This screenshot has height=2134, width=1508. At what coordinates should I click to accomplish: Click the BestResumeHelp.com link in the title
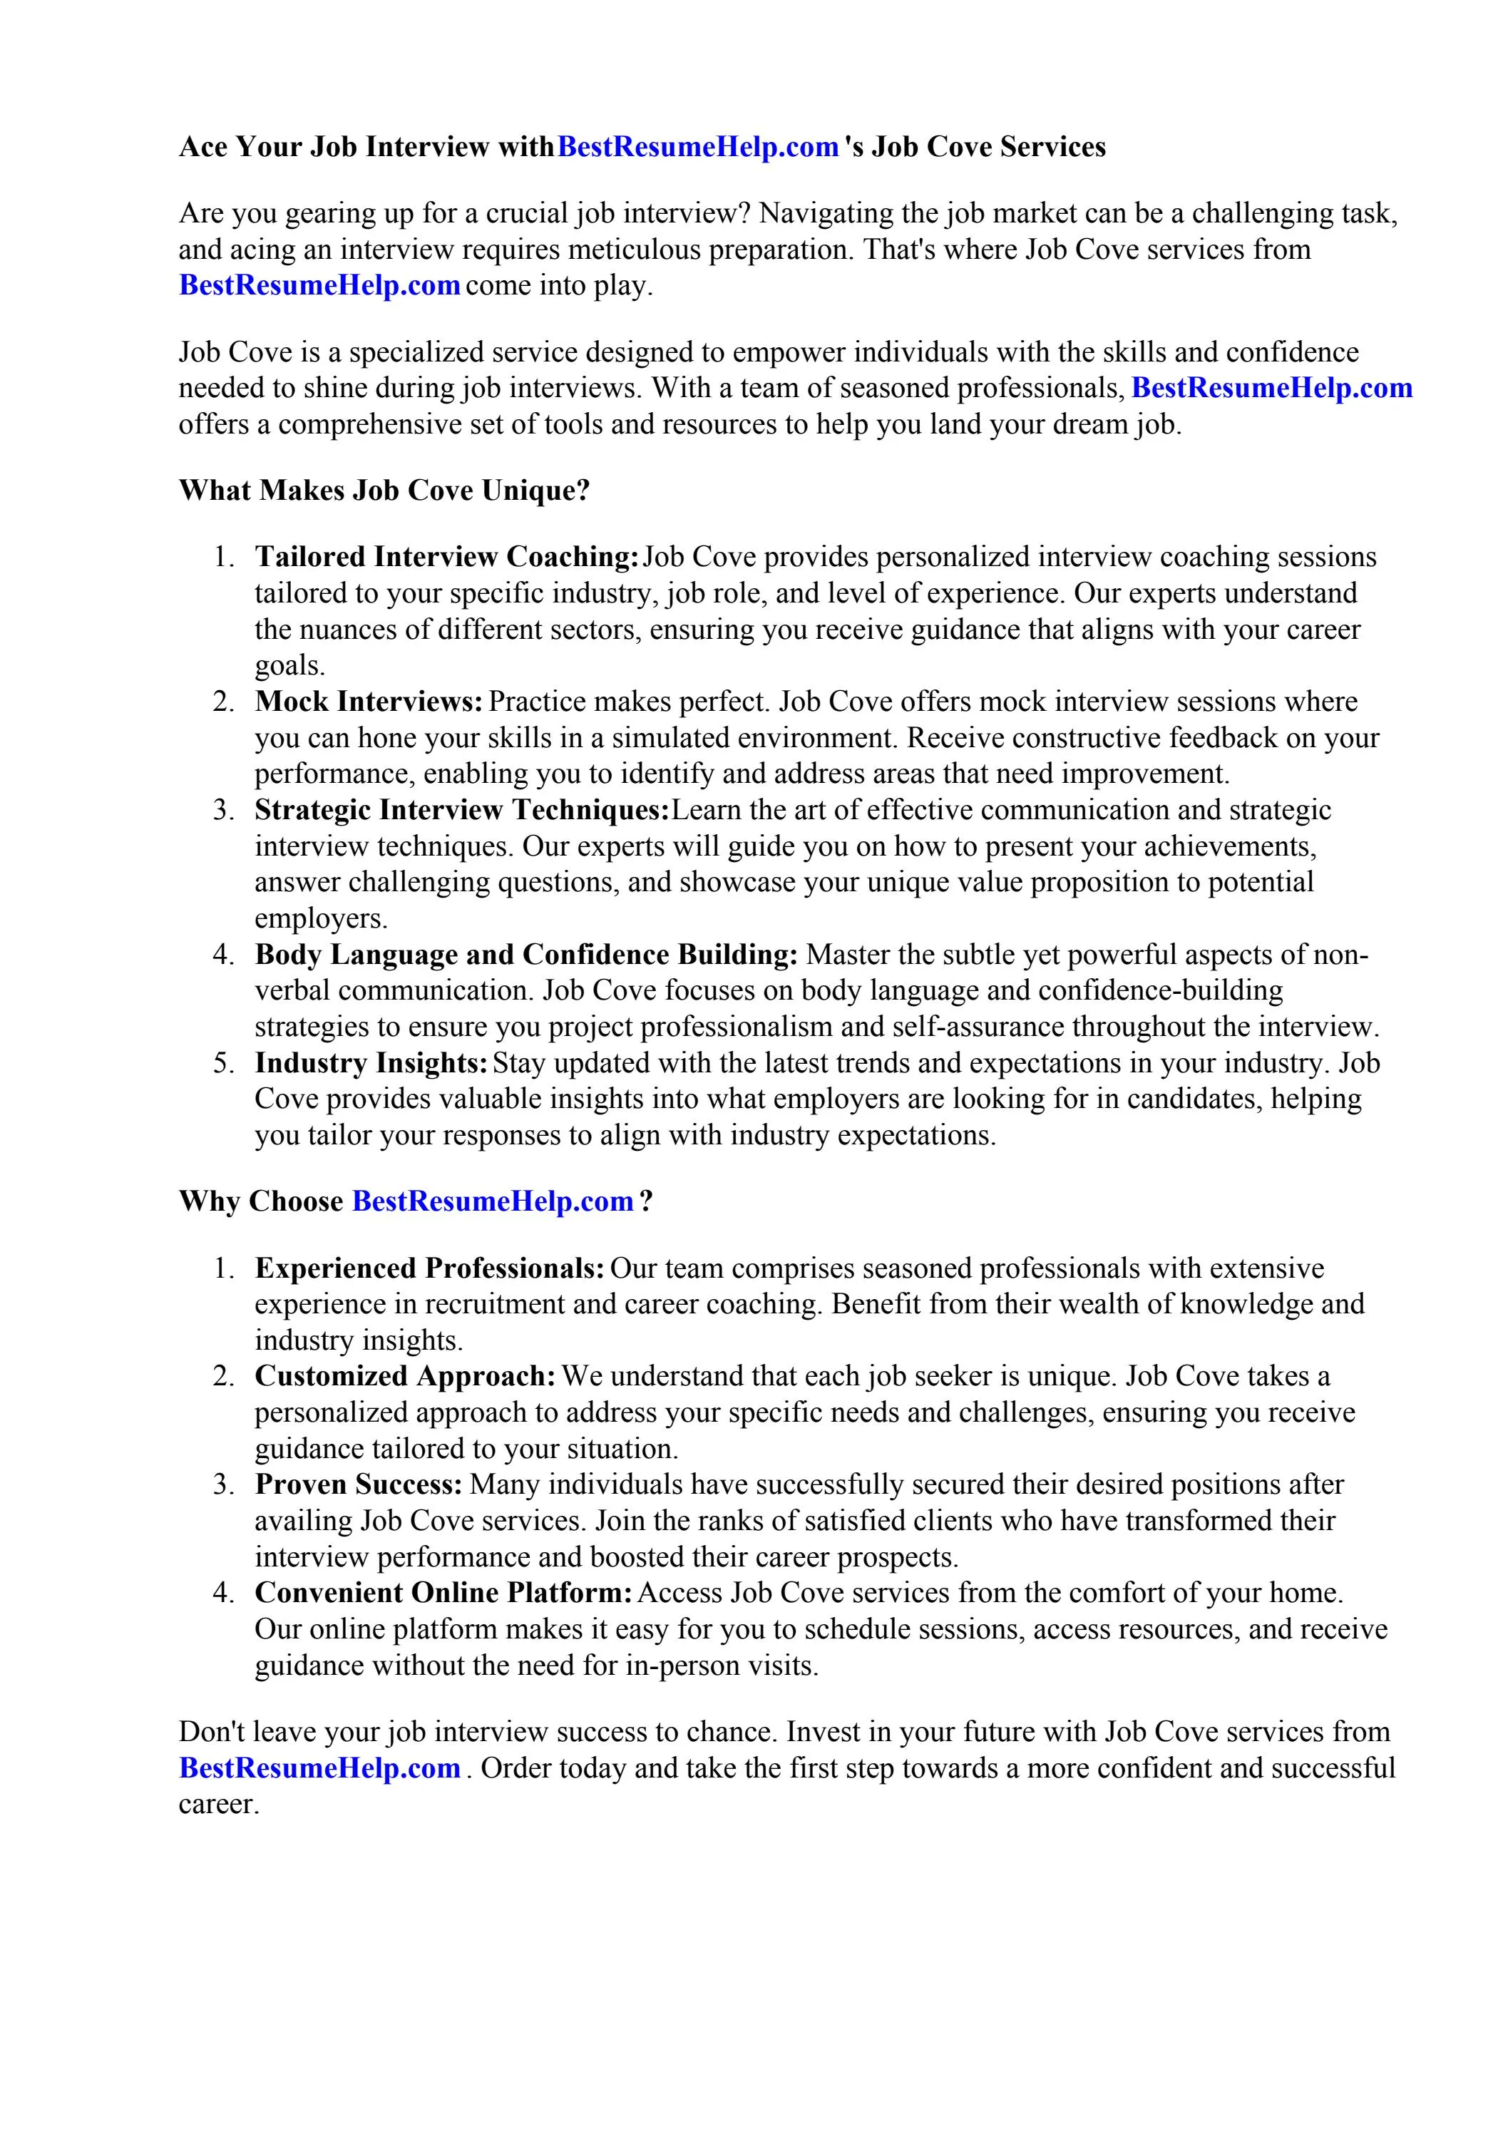point(697,147)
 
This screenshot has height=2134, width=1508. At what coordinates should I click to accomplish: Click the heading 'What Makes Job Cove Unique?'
point(384,490)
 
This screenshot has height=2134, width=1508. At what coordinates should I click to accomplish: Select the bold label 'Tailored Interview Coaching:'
point(446,557)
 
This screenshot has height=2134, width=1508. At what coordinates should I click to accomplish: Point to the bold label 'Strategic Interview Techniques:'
point(462,811)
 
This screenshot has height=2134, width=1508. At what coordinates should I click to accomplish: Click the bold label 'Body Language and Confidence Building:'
point(526,955)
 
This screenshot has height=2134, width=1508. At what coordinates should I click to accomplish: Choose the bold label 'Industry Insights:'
point(372,1063)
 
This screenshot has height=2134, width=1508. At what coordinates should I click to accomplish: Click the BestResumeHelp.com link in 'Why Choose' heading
point(493,1202)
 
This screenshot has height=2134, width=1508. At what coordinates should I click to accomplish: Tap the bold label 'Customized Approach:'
point(406,1377)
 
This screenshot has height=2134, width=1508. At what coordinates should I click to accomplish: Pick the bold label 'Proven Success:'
point(359,1484)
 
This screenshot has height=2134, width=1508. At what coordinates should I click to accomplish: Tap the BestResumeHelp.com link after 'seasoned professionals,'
point(1271,388)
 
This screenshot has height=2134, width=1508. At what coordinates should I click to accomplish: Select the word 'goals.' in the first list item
point(290,667)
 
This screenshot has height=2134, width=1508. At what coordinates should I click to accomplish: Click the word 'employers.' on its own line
point(321,919)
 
